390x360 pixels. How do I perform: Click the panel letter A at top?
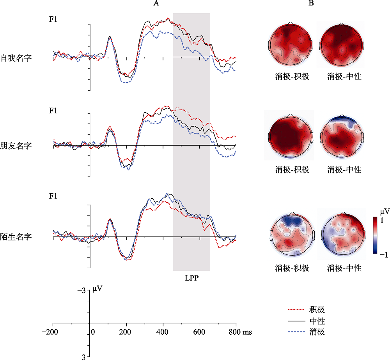coord(156,4)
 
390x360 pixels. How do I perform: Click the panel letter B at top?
coord(311,4)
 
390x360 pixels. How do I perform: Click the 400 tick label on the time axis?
coord(163,332)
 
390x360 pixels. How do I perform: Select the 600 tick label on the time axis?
coord(200,332)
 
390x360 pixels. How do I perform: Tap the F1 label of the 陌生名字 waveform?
coord(53,196)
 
